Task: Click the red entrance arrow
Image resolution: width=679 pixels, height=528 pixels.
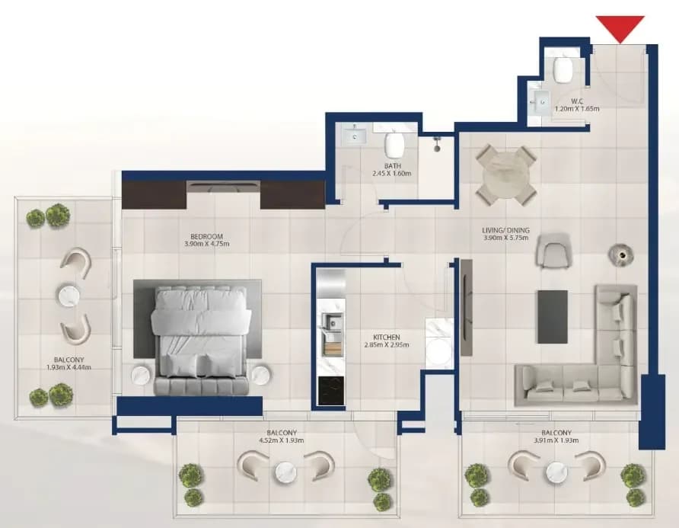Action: (x=620, y=27)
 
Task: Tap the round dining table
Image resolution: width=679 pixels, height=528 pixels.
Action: (x=505, y=174)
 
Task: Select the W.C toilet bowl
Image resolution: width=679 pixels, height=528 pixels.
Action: (x=563, y=69)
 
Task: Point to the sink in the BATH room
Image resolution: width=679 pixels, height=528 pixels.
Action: (x=354, y=136)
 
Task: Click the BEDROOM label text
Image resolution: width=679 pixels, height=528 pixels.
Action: (x=206, y=237)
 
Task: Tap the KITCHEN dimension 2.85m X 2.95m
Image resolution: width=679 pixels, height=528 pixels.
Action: (x=387, y=345)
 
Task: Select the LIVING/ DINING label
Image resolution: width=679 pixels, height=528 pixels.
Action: (x=505, y=231)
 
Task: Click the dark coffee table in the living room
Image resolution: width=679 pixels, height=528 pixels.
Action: (x=553, y=316)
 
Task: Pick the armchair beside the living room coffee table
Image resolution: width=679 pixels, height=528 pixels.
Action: (x=553, y=249)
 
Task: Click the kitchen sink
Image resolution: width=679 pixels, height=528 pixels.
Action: (x=333, y=322)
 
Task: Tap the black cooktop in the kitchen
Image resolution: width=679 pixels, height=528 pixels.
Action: (x=331, y=391)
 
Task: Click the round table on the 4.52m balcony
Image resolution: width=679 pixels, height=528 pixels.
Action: (x=285, y=472)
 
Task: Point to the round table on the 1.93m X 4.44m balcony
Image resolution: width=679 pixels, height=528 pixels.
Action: (x=69, y=295)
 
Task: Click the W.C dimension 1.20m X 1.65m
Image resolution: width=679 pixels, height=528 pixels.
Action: (x=577, y=109)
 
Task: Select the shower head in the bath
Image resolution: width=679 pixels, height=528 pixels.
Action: (x=437, y=144)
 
